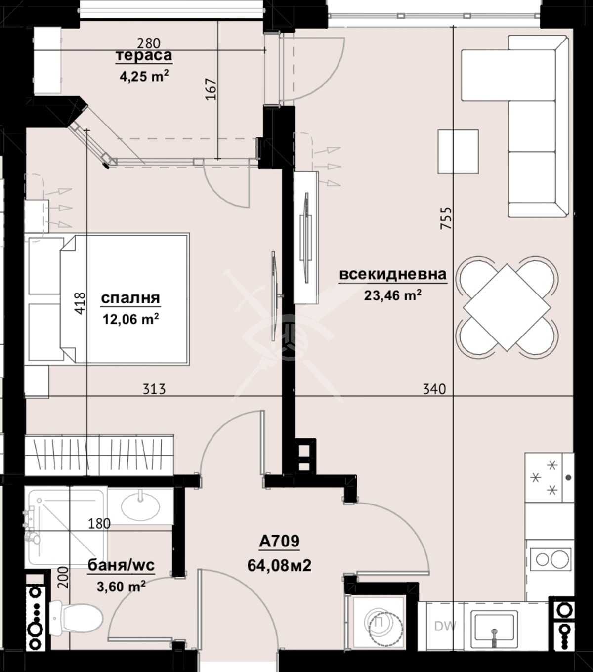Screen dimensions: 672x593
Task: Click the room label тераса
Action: [144, 55]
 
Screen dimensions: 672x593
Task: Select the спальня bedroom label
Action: [130, 298]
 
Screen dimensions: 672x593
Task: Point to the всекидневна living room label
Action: [392, 274]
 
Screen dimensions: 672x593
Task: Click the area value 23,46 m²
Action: [392, 295]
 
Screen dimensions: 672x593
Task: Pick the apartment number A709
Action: [279, 542]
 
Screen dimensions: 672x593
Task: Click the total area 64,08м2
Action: [279, 565]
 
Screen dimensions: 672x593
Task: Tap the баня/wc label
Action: [121, 566]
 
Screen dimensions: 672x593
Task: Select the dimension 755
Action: [446, 218]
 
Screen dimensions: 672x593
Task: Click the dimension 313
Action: [154, 389]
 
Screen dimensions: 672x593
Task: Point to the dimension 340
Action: [434, 389]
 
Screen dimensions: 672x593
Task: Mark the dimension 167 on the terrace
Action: [212, 89]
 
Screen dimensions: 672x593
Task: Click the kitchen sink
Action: [494, 626]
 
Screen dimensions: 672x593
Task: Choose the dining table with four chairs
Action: [507, 307]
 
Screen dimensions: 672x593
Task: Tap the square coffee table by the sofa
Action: [458, 151]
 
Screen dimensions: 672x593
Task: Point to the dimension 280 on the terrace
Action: [149, 44]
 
